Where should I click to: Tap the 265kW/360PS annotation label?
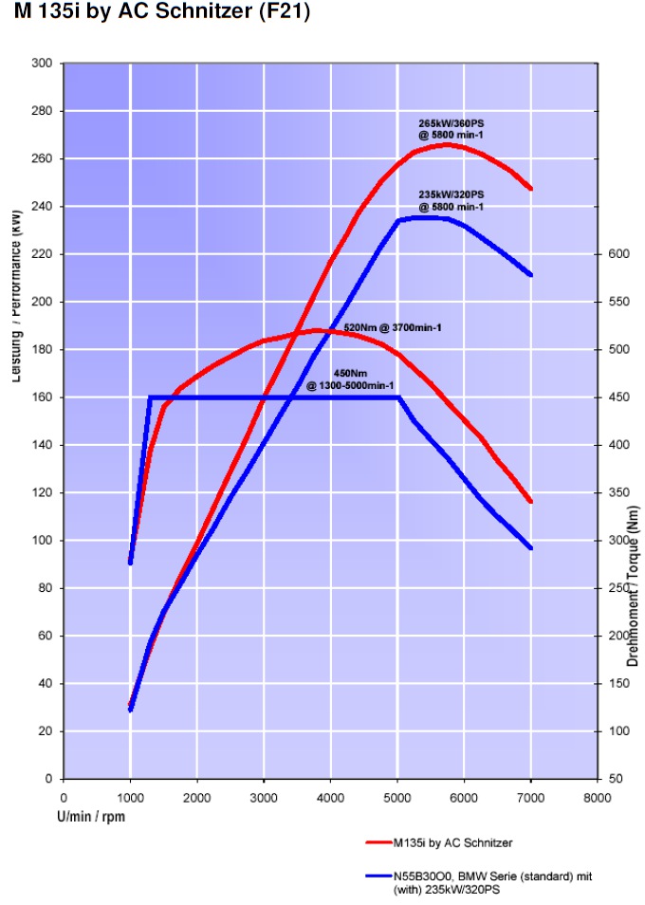(x=451, y=129)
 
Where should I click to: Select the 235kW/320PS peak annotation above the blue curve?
(x=451, y=200)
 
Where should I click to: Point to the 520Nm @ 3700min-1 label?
(x=393, y=327)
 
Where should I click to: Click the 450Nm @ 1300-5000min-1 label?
(x=350, y=379)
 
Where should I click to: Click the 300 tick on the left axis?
(x=43, y=64)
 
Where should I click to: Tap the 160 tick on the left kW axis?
(x=43, y=397)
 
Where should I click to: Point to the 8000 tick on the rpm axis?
(x=598, y=798)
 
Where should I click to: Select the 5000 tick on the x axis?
(x=397, y=798)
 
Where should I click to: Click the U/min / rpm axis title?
(x=92, y=815)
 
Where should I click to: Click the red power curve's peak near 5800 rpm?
(x=447, y=144)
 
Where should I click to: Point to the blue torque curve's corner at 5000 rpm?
(x=398, y=397)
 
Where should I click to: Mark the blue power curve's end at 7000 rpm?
(x=531, y=275)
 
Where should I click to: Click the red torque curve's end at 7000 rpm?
(x=531, y=502)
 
